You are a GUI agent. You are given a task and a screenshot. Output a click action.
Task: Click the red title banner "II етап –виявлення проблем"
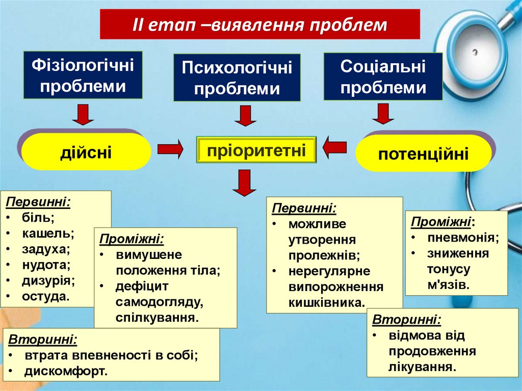pyautogui.click(x=260, y=24)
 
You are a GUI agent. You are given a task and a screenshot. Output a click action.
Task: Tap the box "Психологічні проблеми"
pyautogui.click(x=237, y=77)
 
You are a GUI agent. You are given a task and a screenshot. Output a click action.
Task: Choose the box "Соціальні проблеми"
pyautogui.click(x=383, y=76)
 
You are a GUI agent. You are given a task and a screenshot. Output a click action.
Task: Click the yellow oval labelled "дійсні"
pyautogui.click(x=86, y=152)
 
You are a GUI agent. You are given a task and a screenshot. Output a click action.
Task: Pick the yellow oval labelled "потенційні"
pyautogui.click(x=423, y=153)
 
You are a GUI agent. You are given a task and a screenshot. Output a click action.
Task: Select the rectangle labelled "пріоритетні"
pyautogui.click(x=256, y=150)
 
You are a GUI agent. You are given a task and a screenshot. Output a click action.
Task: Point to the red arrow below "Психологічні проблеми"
pyautogui.click(x=245, y=116)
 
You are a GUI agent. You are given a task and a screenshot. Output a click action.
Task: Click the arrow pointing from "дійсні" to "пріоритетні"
pyautogui.click(x=170, y=149)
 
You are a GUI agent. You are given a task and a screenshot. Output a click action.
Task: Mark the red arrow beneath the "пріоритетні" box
pyautogui.click(x=245, y=183)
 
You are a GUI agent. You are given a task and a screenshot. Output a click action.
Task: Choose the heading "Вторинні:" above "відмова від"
pyautogui.click(x=407, y=320)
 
